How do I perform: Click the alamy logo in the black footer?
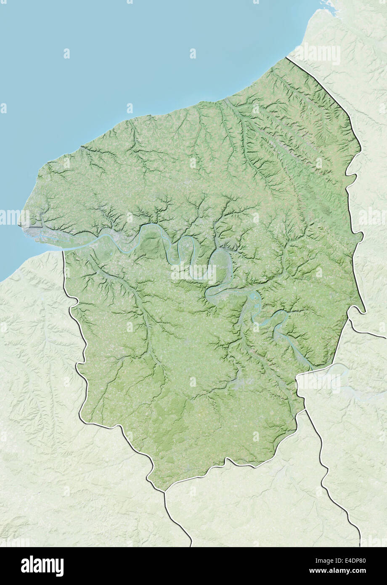(x=42, y=566)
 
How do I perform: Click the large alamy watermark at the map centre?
(x=193, y=273)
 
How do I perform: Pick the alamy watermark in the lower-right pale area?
(x=318, y=383)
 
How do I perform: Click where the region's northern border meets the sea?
(x=287, y=57)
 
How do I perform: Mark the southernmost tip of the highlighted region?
(x=164, y=491)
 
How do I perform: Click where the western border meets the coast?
(x=63, y=251)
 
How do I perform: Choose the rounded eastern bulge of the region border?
(x=360, y=238)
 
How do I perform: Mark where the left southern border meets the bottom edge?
(x=191, y=545)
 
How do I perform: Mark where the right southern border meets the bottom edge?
(x=360, y=545)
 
